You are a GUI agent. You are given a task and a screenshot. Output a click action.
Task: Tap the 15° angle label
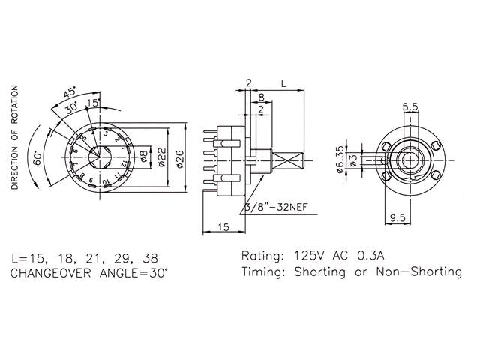pos(94,102)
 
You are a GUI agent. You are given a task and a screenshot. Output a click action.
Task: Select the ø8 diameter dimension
pos(143,158)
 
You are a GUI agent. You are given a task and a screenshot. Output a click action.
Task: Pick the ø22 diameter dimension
pos(160,158)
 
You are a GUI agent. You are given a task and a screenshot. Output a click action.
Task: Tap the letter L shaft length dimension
pos(282,81)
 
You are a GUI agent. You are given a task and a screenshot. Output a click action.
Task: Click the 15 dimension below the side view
pos(223,226)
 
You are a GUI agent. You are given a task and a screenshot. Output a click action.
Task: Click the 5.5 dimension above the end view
pos(409,106)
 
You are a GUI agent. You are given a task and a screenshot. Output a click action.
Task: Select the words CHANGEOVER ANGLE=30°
pos(90,273)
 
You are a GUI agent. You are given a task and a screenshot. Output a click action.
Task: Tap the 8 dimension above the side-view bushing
pos(260,97)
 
